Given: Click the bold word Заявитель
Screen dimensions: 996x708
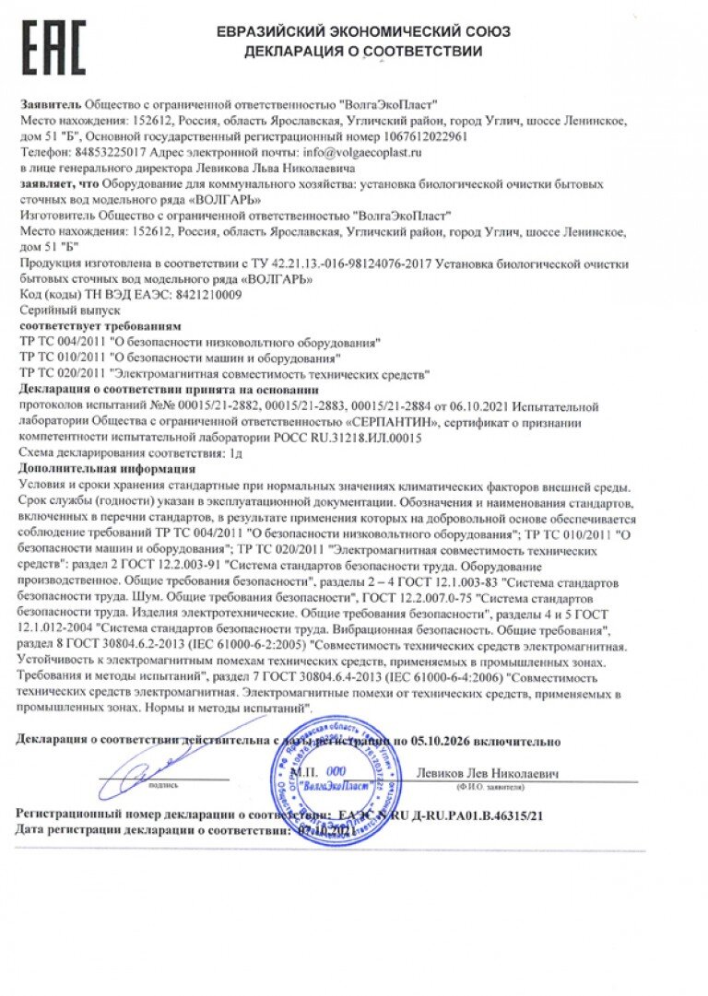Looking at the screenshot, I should (x=49, y=105).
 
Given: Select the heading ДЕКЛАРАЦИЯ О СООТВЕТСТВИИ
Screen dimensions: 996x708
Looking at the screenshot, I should (x=363, y=52).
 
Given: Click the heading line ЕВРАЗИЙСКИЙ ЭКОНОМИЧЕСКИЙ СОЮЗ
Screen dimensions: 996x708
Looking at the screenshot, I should (x=363, y=32).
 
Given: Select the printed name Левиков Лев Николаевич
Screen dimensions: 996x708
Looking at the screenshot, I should (x=488, y=774).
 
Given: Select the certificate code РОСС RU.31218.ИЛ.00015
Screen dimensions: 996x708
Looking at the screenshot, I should (x=347, y=438).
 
